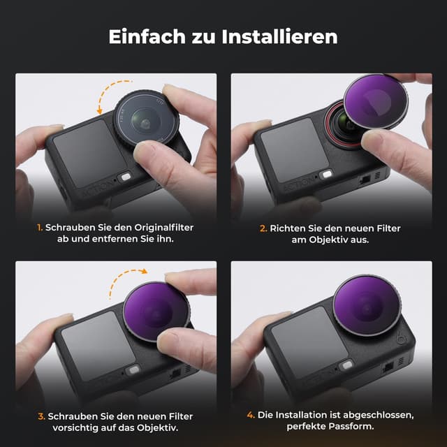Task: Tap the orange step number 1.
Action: (41, 228)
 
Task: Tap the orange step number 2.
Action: (263, 228)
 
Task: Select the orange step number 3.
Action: (41, 416)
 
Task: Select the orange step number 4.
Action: (251, 416)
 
